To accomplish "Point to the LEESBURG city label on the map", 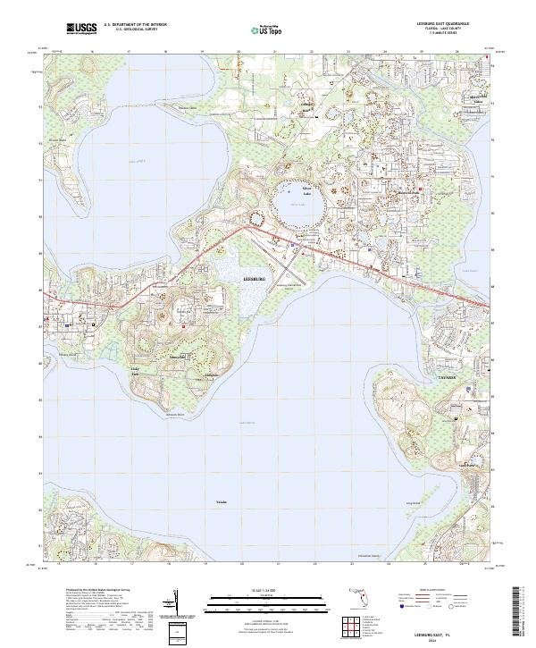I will point(255,280).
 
